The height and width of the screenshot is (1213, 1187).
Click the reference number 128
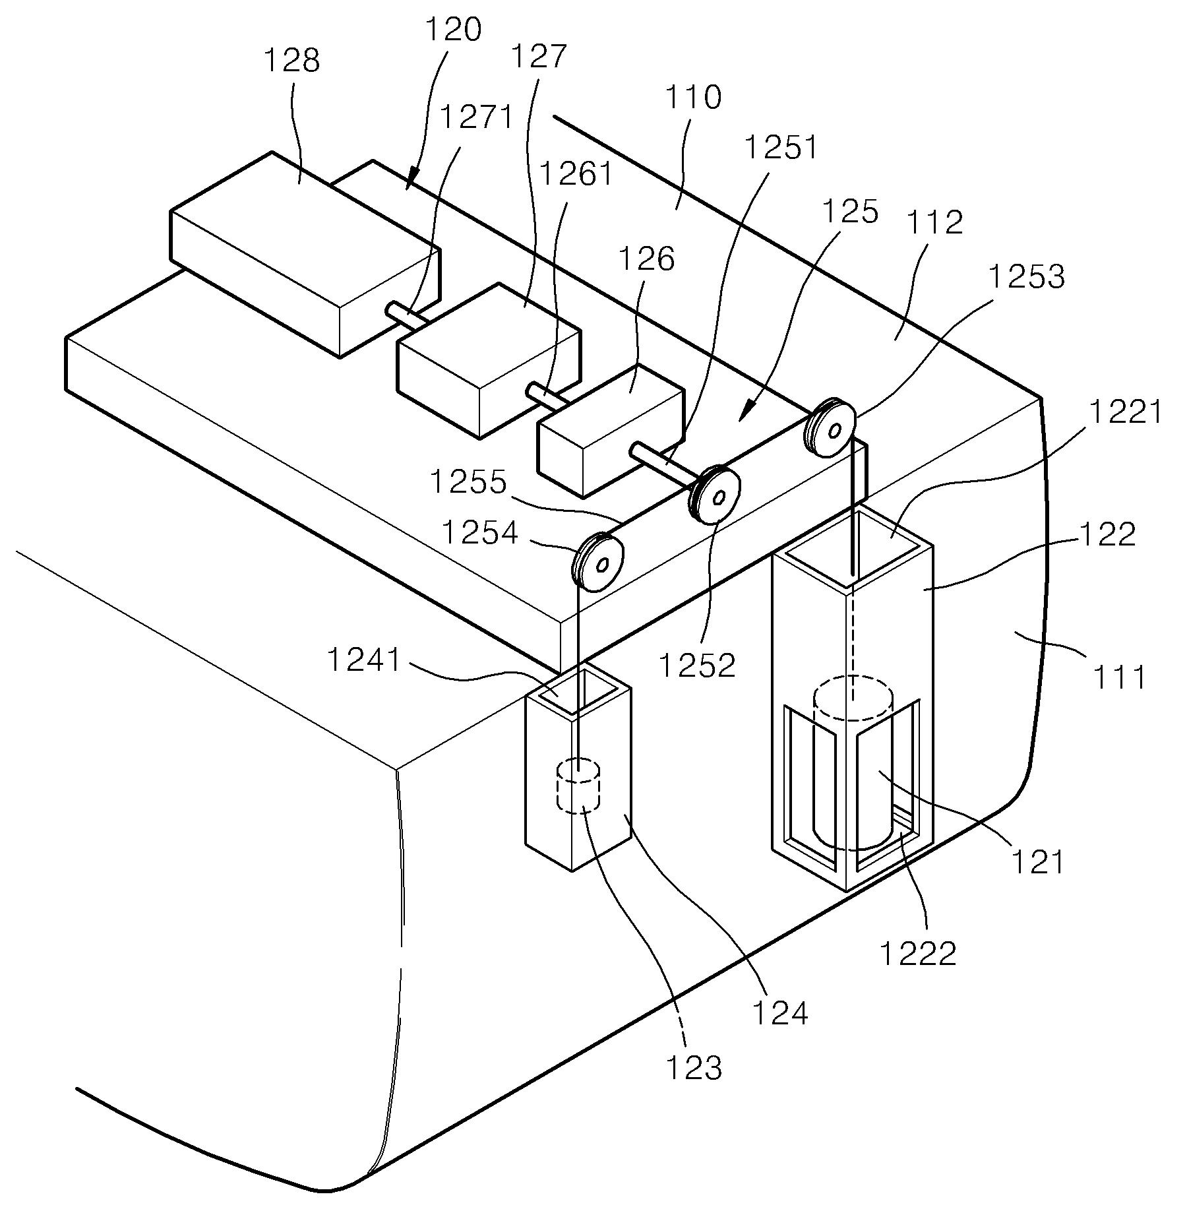(x=291, y=61)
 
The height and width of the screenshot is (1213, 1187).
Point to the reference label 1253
(x=1027, y=277)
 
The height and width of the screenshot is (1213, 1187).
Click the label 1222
(x=919, y=953)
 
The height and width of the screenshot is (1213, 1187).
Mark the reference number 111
(x=1120, y=676)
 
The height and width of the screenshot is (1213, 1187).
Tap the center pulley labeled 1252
(x=714, y=494)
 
